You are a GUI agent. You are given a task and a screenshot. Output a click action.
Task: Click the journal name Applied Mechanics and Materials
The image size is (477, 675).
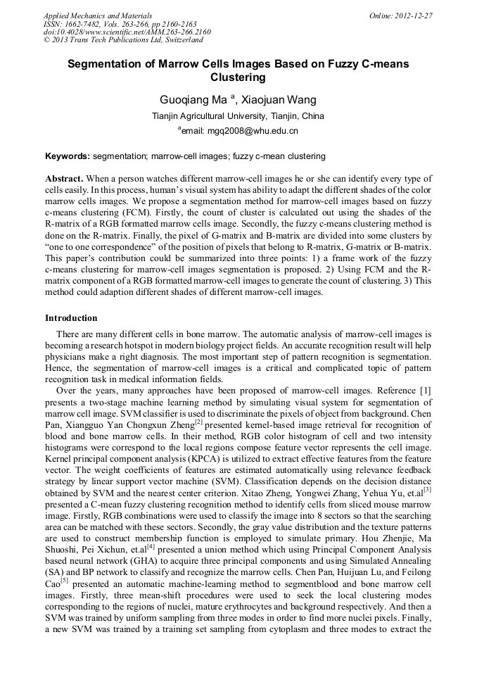pyautogui.click(x=97, y=15)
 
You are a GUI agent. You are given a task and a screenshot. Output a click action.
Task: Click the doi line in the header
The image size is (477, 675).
pyautogui.click(x=127, y=32)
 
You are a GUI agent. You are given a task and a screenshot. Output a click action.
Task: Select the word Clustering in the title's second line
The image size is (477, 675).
pyautogui.click(x=238, y=77)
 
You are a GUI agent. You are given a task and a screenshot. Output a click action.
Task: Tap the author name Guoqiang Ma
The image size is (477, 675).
pyautogui.click(x=191, y=99)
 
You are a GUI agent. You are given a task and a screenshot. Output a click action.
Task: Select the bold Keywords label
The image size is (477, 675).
pyautogui.click(x=67, y=156)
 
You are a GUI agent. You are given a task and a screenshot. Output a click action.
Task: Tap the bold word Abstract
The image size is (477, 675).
pyautogui.click(x=65, y=179)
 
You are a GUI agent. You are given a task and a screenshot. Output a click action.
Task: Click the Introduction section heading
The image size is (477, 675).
pyautogui.click(x=71, y=318)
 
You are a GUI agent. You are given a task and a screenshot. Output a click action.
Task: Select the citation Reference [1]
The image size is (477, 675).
pyautogui.click(x=405, y=389)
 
